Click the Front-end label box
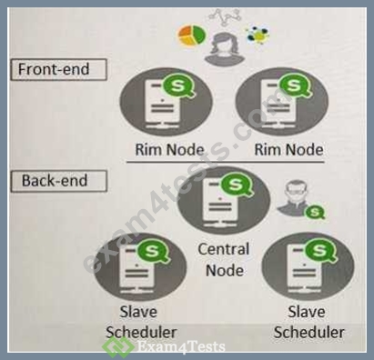(58, 70)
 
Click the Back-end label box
(58, 181)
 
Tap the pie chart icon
(192, 35)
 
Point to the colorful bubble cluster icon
(258, 35)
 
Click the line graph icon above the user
(226, 17)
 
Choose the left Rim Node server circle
(166, 102)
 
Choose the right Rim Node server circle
(282, 102)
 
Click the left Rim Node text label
(169, 150)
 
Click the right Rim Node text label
(288, 150)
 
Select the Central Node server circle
(224, 201)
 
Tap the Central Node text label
(224, 260)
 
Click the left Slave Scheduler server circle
(140, 266)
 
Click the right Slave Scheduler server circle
(308, 266)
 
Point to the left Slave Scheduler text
(141, 322)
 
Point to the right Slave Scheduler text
(308, 322)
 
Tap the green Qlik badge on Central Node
(236, 185)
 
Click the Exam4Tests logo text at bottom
(181, 346)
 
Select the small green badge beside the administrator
(315, 212)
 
